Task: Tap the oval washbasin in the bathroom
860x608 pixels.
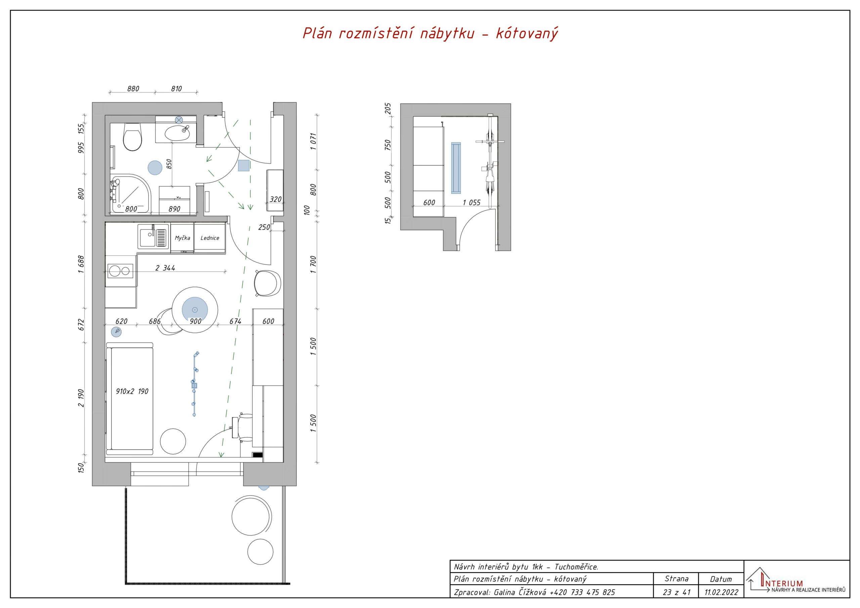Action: pyautogui.click(x=177, y=132)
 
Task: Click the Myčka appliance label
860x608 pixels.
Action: pyautogui.click(x=182, y=238)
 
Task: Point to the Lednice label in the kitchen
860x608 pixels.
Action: pyautogui.click(x=210, y=238)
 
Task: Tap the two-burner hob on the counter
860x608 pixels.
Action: pyautogui.click(x=120, y=270)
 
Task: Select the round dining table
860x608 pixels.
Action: pyautogui.click(x=195, y=309)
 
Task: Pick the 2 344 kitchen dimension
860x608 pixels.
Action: pyautogui.click(x=165, y=268)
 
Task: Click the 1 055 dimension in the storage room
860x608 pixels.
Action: pyautogui.click(x=472, y=203)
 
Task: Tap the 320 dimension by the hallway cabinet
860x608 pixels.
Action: pyautogui.click(x=275, y=199)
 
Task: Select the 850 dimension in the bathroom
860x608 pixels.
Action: pyautogui.click(x=169, y=164)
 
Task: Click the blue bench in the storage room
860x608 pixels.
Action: pyautogui.click(x=456, y=168)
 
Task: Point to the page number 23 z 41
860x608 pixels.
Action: pyautogui.click(x=677, y=592)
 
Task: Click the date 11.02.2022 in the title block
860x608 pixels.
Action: pyautogui.click(x=721, y=592)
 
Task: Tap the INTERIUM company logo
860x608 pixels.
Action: pyautogui.click(x=795, y=582)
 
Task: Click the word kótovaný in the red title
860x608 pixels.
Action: pyautogui.click(x=527, y=33)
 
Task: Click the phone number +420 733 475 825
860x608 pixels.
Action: pyautogui.click(x=582, y=592)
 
